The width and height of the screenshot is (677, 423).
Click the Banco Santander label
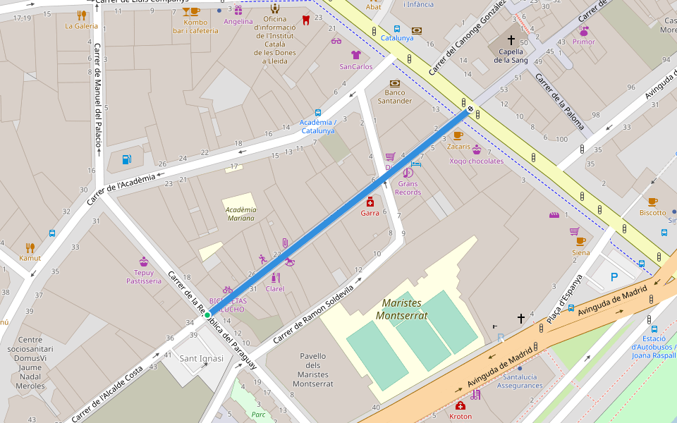click(x=395, y=97)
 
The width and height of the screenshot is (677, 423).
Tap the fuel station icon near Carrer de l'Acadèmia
click(x=126, y=159)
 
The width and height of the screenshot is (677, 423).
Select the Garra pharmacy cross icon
click(x=370, y=202)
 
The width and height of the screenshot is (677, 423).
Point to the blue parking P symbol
click(x=614, y=277)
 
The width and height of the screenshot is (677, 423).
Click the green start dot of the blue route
click(x=207, y=315)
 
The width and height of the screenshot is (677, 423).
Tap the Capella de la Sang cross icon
click(x=511, y=40)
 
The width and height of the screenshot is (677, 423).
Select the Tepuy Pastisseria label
click(x=144, y=276)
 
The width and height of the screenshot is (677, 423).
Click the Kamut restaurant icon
click(x=30, y=247)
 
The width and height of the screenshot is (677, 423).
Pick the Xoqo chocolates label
click(x=477, y=161)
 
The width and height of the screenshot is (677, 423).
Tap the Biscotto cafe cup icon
click(x=652, y=202)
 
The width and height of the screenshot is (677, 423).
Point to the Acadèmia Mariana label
click(x=240, y=214)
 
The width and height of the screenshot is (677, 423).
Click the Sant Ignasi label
click(x=202, y=358)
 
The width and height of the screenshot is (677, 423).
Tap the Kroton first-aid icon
click(x=461, y=405)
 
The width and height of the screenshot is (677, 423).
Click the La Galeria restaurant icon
click(x=81, y=16)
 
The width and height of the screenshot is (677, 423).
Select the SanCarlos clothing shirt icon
click(x=355, y=55)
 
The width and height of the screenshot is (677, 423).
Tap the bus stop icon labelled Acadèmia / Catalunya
click(x=318, y=112)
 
